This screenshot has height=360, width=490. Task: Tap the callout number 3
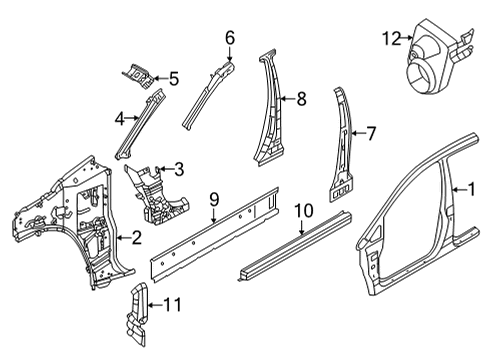[178, 168]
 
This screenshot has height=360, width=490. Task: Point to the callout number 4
[119, 118]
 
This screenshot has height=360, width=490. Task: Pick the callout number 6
[229, 37]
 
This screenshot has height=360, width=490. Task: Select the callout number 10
[304, 212]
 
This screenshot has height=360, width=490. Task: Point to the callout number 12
[388, 39]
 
